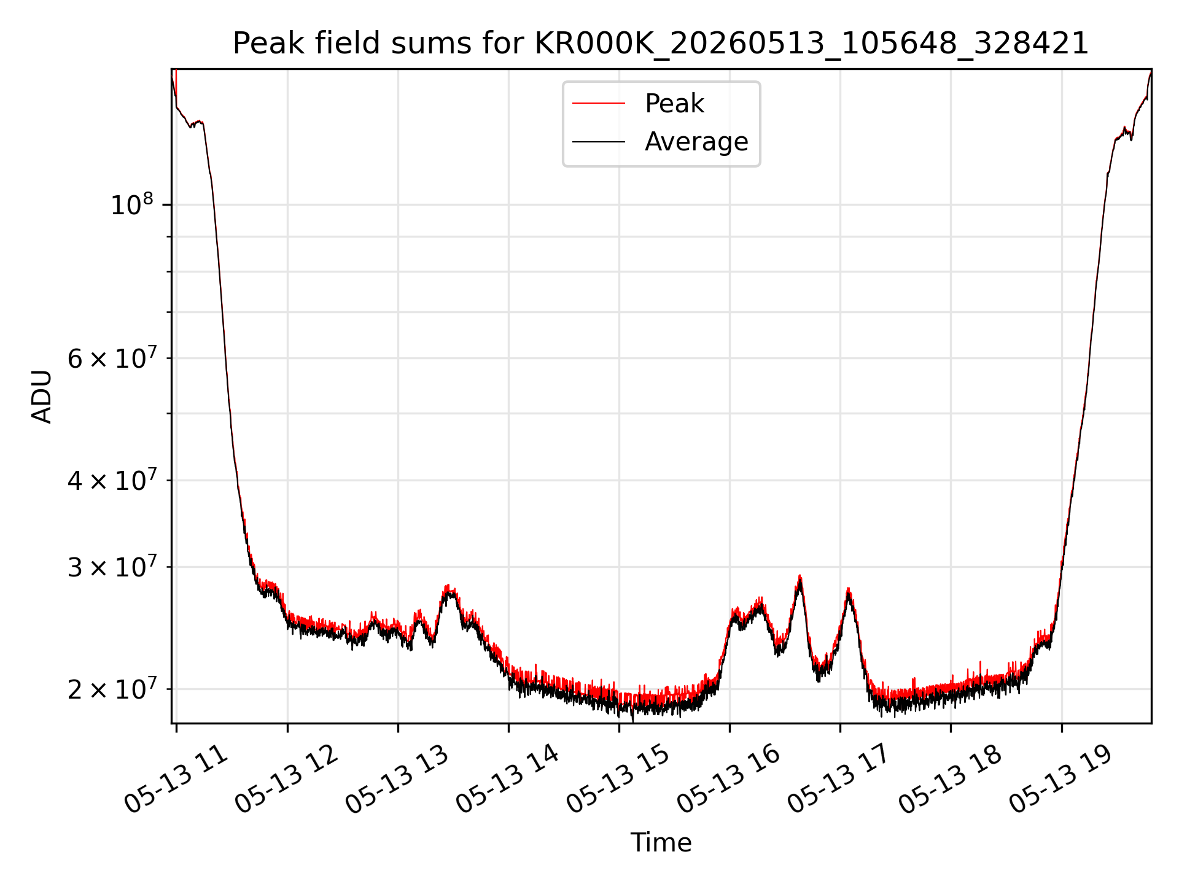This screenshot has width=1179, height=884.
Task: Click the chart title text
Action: point(661,44)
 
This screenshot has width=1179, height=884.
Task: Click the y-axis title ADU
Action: point(42,397)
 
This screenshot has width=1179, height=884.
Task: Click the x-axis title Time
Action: point(661,843)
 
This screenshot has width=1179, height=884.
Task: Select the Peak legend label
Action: point(674,104)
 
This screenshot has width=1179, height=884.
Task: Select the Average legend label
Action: point(696,142)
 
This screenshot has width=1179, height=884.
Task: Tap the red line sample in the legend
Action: point(599,104)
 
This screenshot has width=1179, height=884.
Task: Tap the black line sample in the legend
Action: point(599,142)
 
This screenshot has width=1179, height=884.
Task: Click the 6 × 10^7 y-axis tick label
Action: point(112,358)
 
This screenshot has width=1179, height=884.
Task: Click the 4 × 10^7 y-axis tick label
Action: point(112,480)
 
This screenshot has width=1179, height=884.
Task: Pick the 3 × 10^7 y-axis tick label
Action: point(112,567)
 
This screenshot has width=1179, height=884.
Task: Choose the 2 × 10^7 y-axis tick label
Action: point(112,689)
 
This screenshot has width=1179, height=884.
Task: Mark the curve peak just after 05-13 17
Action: point(848,590)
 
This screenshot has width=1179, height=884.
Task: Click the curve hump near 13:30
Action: point(449,588)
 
